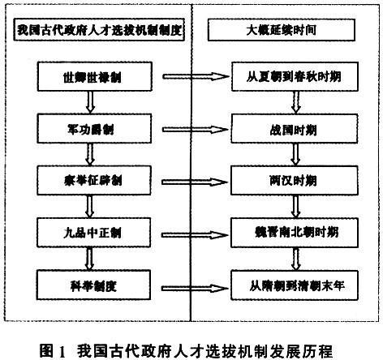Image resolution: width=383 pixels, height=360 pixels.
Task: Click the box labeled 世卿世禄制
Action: click(x=95, y=77)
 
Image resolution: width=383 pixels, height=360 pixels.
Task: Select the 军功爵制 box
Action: click(x=94, y=129)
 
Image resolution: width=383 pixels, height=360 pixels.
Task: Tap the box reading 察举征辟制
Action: click(x=94, y=181)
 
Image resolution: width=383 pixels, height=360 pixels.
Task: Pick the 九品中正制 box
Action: click(x=93, y=233)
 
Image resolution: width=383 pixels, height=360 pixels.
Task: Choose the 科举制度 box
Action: click(x=93, y=285)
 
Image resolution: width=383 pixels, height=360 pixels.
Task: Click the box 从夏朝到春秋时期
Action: click(x=295, y=76)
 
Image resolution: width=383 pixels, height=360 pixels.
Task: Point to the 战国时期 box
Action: click(x=295, y=129)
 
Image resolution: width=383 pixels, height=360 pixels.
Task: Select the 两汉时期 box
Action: click(x=295, y=181)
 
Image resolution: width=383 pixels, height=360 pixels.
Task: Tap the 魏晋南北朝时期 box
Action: click(x=295, y=233)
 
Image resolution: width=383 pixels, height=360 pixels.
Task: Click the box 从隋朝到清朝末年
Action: click(x=295, y=285)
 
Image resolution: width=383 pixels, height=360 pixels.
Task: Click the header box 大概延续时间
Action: click(x=282, y=30)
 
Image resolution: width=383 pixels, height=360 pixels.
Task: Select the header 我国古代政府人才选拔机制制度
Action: click(x=99, y=29)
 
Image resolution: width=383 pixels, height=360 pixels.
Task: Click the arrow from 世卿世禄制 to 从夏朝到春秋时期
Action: click(x=196, y=76)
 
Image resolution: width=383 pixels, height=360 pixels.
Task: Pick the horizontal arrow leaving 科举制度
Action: click(x=195, y=289)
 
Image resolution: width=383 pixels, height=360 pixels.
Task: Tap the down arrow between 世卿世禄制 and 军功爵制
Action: click(x=90, y=102)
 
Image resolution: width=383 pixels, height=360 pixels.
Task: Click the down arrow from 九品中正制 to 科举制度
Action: click(x=90, y=259)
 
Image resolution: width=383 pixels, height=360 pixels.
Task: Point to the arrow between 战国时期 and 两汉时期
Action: click(x=295, y=154)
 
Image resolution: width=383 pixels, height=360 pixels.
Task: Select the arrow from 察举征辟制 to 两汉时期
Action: click(x=195, y=182)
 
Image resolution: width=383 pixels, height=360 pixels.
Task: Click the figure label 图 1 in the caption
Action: click(x=53, y=350)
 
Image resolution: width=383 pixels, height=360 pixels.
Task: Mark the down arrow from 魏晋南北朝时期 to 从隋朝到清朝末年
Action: click(x=296, y=259)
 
